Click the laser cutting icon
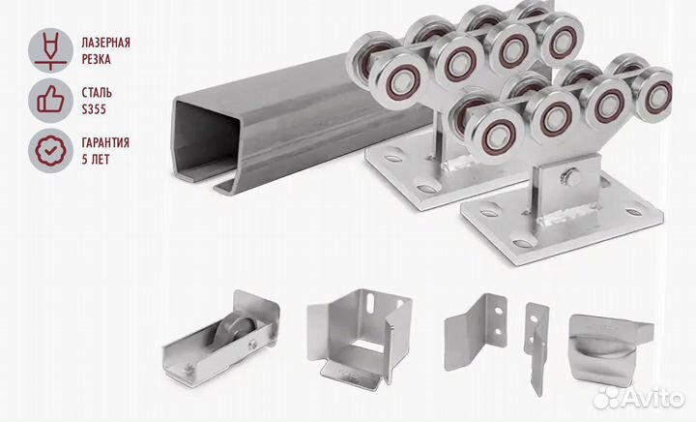pyautogui.click(x=50, y=50)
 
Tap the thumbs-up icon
pyautogui.click(x=50, y=101)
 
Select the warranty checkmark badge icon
pyautogui.click(x=50, y=151)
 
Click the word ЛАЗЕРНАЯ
pyautogui.click(x=105, y=44)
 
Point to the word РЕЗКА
pyautogui.click(x=96, y=59)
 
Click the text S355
pyautogui.click(x=94, y=109)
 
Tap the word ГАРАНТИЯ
pyautogui.click(x=105, y=143)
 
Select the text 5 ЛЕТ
pyautogui.click(x=95, y=160)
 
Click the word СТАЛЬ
pyautogui.click(x=97, y=93)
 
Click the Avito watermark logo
pyautogui.click(x=639, y=397)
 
